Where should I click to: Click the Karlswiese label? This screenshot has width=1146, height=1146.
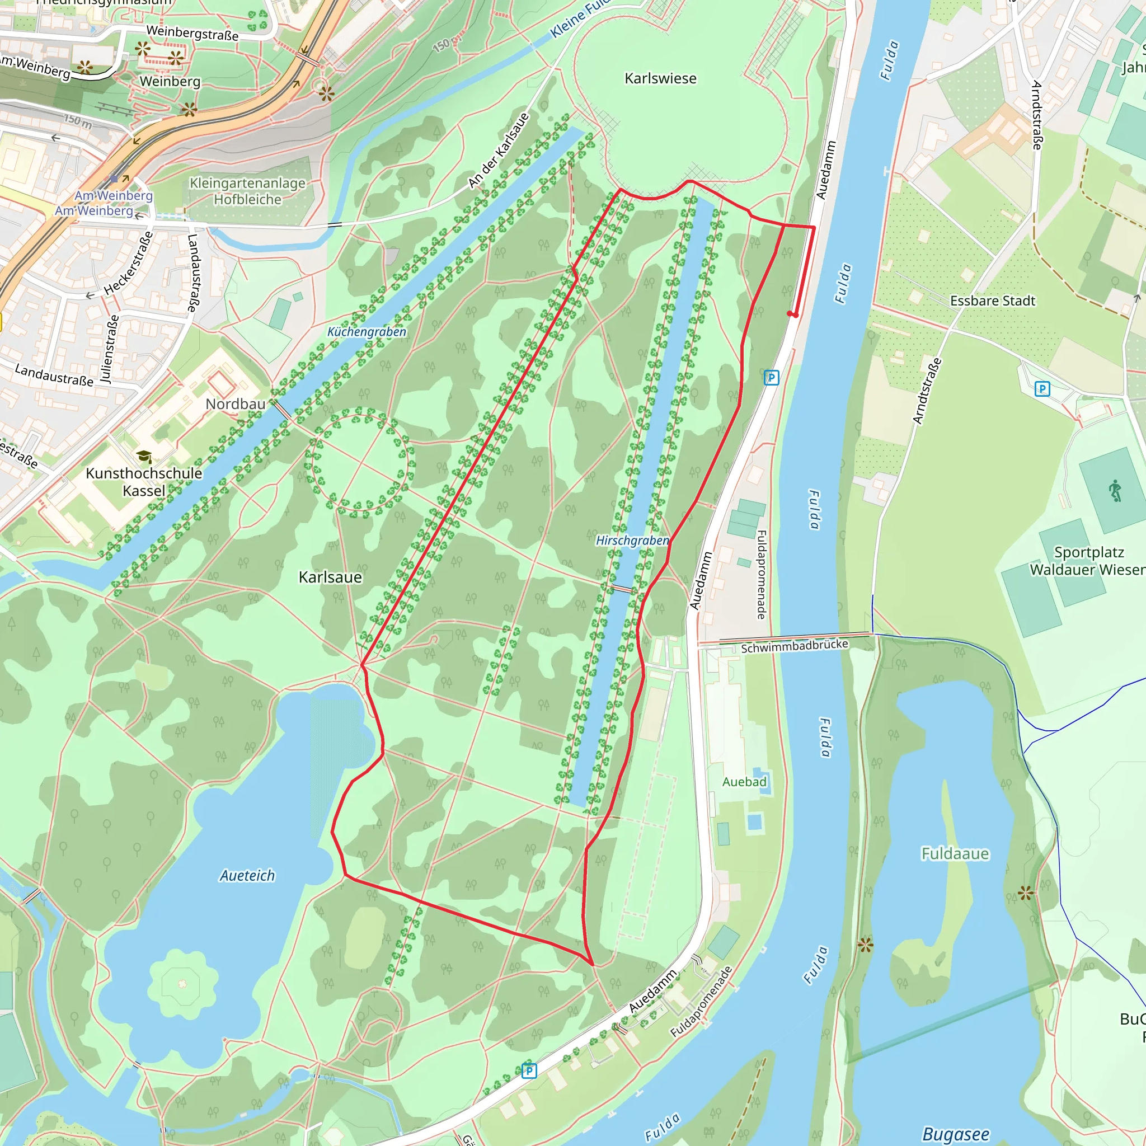point(660,78)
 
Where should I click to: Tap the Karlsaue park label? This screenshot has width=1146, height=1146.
point(330,577)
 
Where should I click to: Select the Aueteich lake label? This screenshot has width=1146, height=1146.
point(247,876)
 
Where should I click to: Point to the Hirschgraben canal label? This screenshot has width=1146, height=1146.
point(632,541)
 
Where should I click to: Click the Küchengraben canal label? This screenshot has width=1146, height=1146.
point(367,332)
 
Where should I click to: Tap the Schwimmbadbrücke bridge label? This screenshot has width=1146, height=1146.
point(794,646)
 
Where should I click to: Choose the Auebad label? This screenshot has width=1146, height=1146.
point(744,782)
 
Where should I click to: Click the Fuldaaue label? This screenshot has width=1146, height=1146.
point(955,853)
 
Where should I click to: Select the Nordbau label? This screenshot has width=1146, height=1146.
point(236,404)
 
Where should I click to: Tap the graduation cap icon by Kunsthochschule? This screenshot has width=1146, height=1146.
point(144,457)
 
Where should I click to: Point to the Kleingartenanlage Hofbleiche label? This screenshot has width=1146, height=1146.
point(247,191)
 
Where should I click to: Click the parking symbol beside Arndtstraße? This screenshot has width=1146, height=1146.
point(1042,389)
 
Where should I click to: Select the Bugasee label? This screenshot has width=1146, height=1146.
point(956,1135)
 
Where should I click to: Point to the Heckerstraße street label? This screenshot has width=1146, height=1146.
point(129,264)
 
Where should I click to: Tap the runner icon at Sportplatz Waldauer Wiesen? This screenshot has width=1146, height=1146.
point(1115,491)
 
